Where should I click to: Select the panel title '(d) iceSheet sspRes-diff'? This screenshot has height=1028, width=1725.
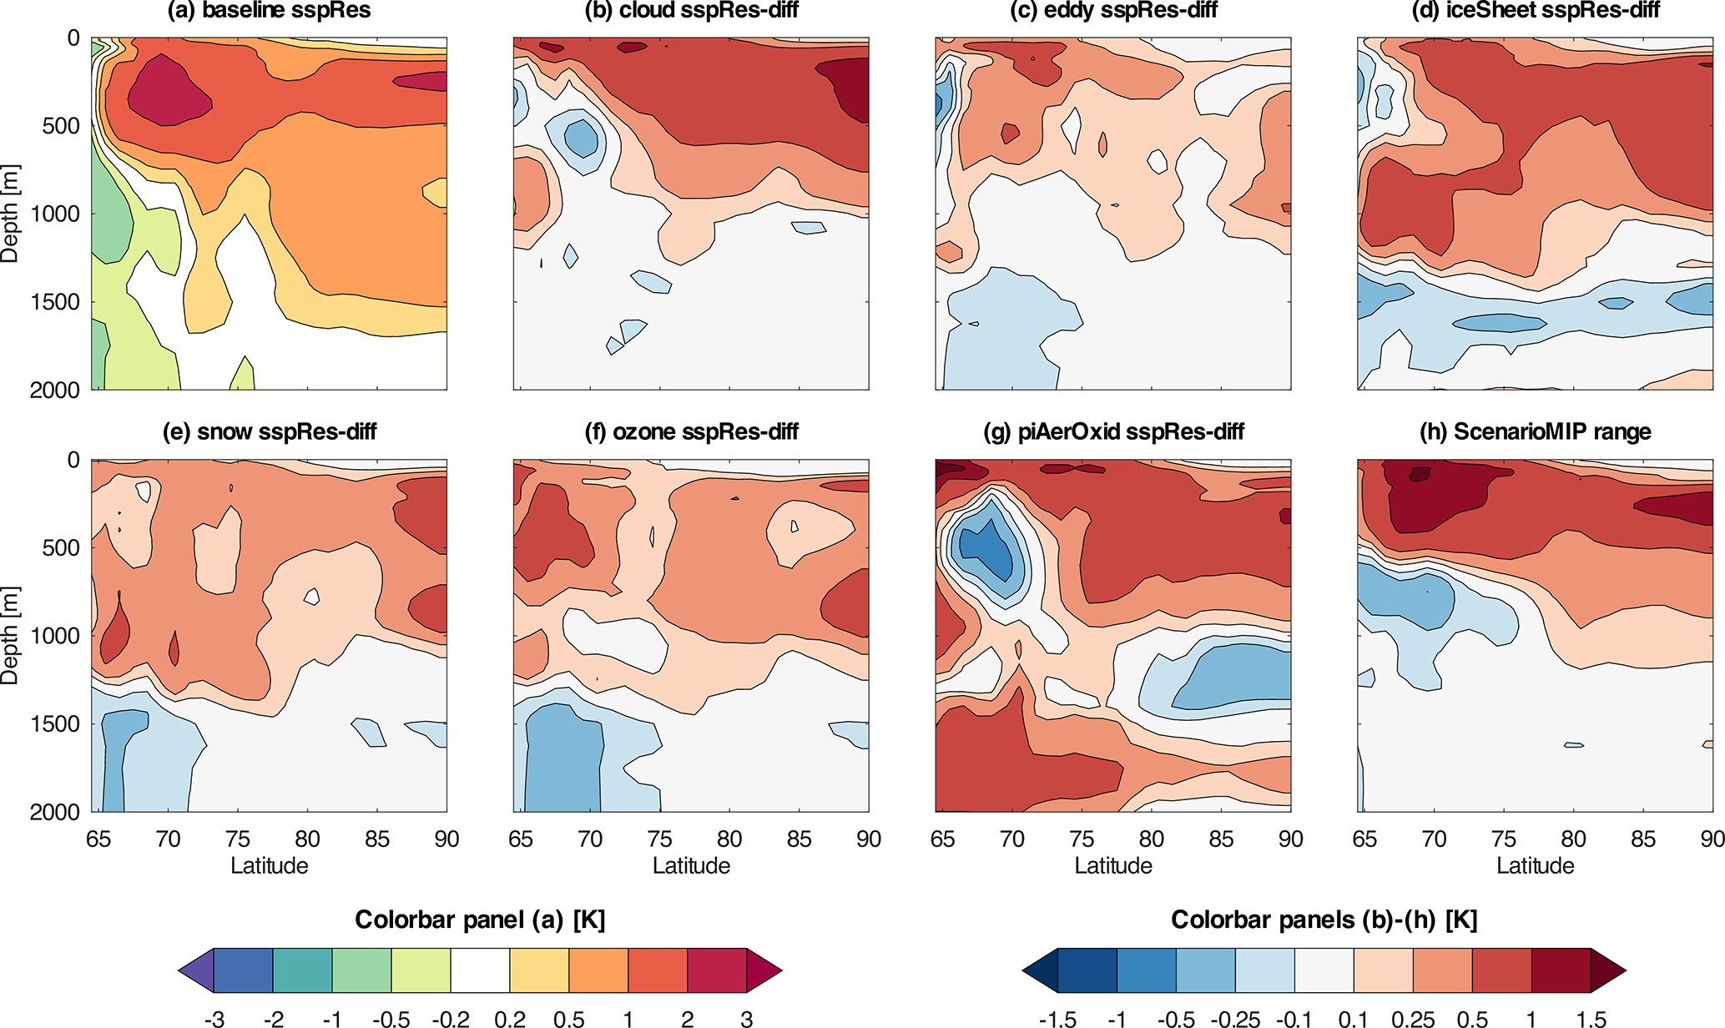(x=1535, y=11)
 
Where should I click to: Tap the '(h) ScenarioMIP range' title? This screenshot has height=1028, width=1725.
(x=1535, y=431)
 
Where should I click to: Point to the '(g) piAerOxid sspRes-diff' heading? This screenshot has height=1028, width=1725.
(x=1113, y=431)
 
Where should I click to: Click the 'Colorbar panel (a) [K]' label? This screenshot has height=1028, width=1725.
(x=480, y=920)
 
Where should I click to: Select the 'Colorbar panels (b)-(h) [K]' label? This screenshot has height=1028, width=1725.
(x=1324, y=920)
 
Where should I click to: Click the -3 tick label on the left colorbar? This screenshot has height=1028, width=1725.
(x=214, y=1019)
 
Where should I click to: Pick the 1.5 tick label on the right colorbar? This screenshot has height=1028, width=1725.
(x=1591, y=1019)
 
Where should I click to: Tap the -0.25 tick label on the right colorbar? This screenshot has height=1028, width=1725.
(x=1235, y=1019)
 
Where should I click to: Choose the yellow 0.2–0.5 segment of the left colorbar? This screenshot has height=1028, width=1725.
(x=539, y=970)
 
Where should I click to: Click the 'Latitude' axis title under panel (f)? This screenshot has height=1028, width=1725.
(x=691, y=866)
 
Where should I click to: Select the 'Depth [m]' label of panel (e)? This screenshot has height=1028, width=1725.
(x=10, y=635)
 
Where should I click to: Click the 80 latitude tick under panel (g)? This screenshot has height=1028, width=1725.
(x=1152, y=839)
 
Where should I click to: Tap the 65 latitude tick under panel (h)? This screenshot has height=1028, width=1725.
(x=1364, y=839)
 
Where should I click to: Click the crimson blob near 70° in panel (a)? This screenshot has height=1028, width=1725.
(x=169, y=90)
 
